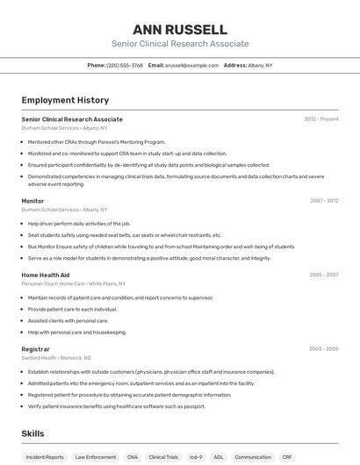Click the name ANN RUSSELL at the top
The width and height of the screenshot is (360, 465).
[180, 29]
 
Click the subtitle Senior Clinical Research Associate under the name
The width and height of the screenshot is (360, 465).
[180, 44]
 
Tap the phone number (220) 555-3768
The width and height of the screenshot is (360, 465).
[124, 65]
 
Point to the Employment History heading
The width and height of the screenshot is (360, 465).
[65, 100]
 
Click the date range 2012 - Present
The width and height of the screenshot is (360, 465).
[320, 119]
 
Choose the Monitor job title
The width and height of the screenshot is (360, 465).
[32, 201]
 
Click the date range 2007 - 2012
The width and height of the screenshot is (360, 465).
[323, 201]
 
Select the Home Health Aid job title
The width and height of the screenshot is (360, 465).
[45, 275]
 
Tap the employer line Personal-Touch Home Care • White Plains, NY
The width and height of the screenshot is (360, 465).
[74, 284]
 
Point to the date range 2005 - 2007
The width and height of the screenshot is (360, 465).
[323, 275]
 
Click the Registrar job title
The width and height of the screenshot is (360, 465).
[35, 349]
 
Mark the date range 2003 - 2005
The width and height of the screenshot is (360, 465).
[323, 349]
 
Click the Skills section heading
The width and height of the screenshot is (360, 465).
[32, 433]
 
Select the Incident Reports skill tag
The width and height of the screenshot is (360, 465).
[45, 457]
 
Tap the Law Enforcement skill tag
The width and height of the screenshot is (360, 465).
[95, 457]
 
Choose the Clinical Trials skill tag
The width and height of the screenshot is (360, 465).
[163, 457]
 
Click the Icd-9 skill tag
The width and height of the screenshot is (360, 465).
[196, 457]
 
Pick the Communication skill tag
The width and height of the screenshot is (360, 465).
[253, 457]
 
